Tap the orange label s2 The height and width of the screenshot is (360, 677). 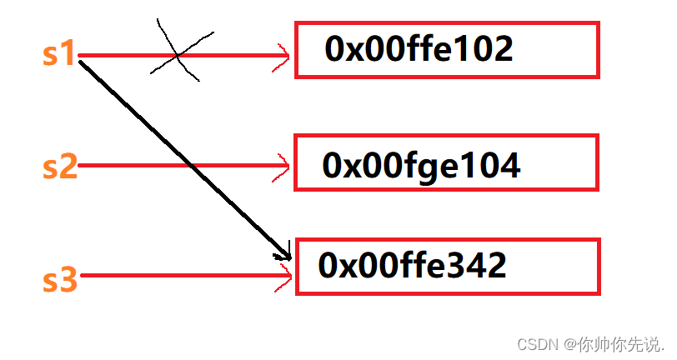click(x=59, y=167)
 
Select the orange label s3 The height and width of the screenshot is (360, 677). click(x=59, y=279)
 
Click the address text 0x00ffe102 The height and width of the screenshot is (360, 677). click(x=419, y=51)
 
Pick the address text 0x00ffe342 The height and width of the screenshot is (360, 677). click(x=412, y=266)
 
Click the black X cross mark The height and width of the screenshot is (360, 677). click(x=177, y=55)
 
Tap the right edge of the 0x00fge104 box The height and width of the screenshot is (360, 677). click(x=597, y=162)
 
